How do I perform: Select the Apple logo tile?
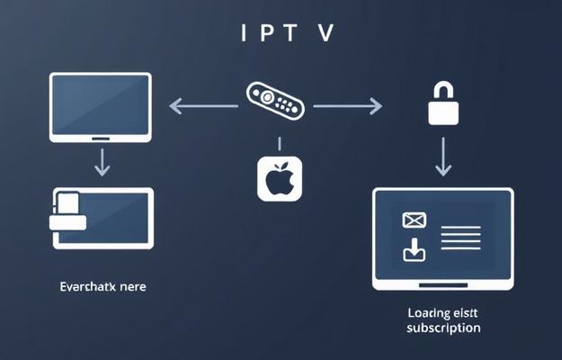coord(280,177)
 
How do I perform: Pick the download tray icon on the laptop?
coord(414,251)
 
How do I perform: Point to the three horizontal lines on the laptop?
coord(461,238)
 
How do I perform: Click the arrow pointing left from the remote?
coord(203,106)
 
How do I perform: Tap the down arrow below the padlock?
coord(442,157)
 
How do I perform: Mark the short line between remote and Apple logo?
coord(280,143)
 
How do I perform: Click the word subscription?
coord(443,328)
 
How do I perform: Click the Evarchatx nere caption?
coord(103,287)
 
